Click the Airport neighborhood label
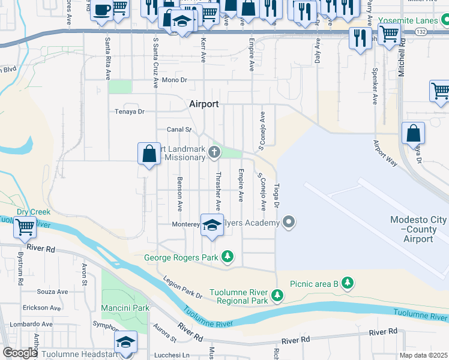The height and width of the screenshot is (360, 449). click(203, 104)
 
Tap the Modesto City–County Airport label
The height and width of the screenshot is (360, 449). click(420, 229)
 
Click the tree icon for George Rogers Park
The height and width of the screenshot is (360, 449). click(228, 257)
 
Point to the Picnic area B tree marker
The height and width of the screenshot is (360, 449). click(347, 283)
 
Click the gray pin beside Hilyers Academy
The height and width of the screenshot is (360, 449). click(289, 223)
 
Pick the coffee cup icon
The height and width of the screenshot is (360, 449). click(101, 10)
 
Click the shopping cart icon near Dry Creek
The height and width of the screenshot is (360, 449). click(25, 227)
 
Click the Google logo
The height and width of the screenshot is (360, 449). click(20, 353)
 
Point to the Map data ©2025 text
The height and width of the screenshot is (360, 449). click(423, 355)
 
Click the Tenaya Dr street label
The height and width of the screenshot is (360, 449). click(130, 112)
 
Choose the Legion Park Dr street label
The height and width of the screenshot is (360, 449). click(182, 287)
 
